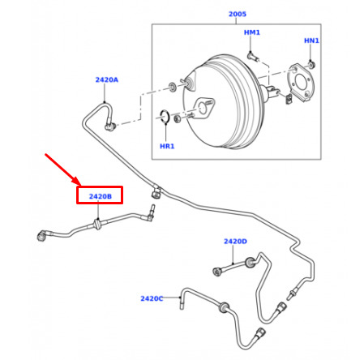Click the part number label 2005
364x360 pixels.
click(238, 14)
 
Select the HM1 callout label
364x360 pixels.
click(252, 32)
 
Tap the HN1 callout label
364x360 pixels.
click(311, 41)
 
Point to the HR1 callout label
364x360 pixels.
click(167, 146)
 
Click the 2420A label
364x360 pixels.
click(107, 79)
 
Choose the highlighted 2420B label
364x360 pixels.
click(101, 196)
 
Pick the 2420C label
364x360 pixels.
click(152, 298)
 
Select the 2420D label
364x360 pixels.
click(235, 242)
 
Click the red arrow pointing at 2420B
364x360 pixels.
click(62, 169)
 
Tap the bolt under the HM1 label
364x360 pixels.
click(253, 57)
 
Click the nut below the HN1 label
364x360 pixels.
click(312, 65)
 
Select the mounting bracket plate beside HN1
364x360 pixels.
click(301, 82)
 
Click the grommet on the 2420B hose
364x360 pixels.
click(97, 225)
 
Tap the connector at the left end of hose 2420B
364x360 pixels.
click(42, 235)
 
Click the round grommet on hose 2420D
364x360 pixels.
click(250, 263)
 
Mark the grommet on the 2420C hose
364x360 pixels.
click(224, 307)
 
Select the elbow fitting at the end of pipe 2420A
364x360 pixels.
click(110, 126)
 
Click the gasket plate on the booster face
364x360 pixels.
click(203, 107)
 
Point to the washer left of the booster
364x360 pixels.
click(172, 87)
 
